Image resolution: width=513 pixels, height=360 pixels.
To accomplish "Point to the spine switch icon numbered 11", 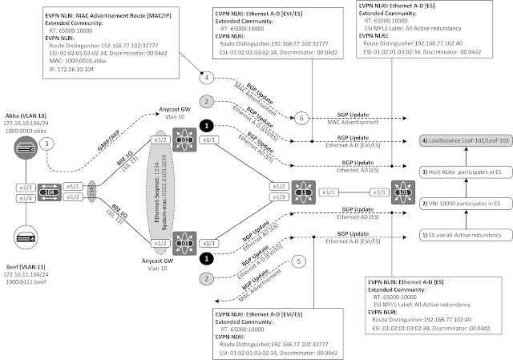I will pos(305,192).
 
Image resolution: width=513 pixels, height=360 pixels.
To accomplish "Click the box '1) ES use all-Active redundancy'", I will pos(466,234).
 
